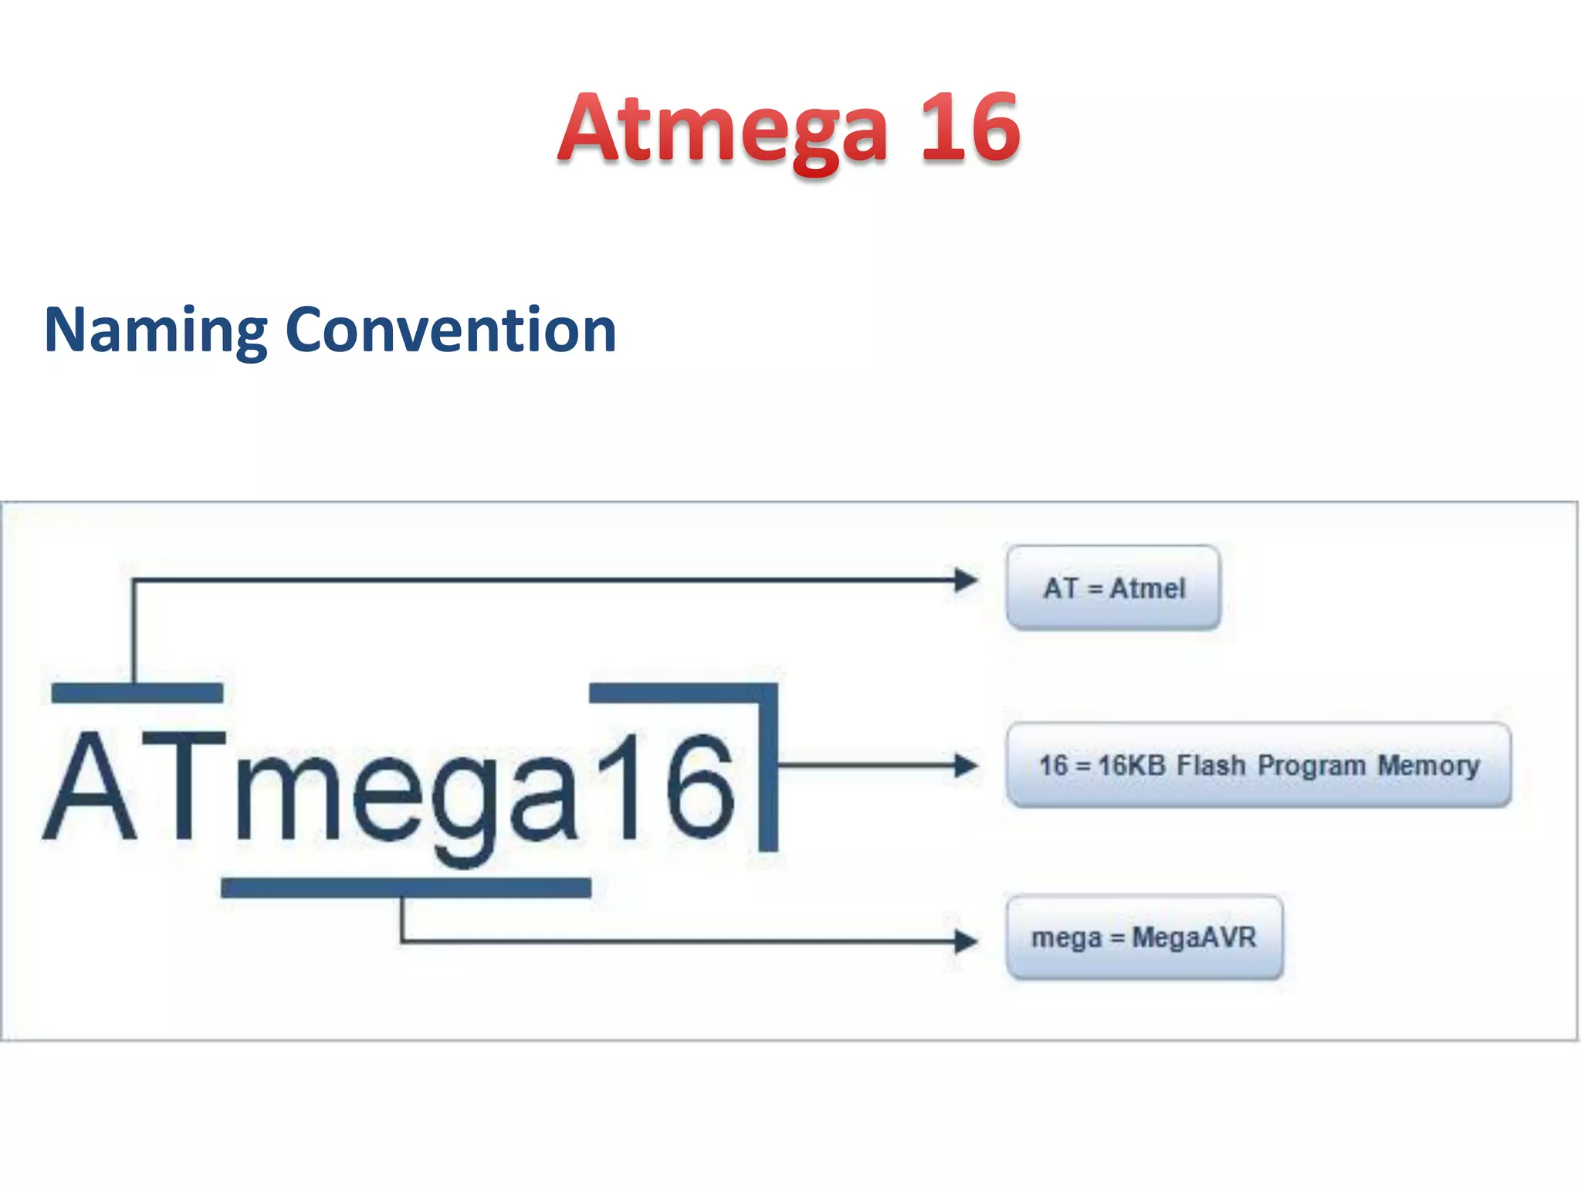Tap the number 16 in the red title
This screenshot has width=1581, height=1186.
[970, 128]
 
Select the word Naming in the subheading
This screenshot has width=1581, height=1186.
[154, 330]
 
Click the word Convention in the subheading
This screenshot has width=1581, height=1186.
[451, 330]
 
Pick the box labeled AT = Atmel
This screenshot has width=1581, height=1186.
[1112, 588]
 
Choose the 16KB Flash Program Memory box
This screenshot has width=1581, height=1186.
[1258, 765]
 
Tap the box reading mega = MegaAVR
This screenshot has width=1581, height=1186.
[1144, 937]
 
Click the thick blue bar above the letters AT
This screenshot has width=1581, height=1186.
[137, 693]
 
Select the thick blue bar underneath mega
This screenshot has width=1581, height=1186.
[406, 888]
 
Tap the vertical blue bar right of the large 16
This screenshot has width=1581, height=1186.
[768, 772]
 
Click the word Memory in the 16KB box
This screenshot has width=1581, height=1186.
[1429, 766]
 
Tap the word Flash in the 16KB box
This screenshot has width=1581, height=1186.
[1210, 765]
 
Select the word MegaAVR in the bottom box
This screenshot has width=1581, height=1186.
[1193, 937]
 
